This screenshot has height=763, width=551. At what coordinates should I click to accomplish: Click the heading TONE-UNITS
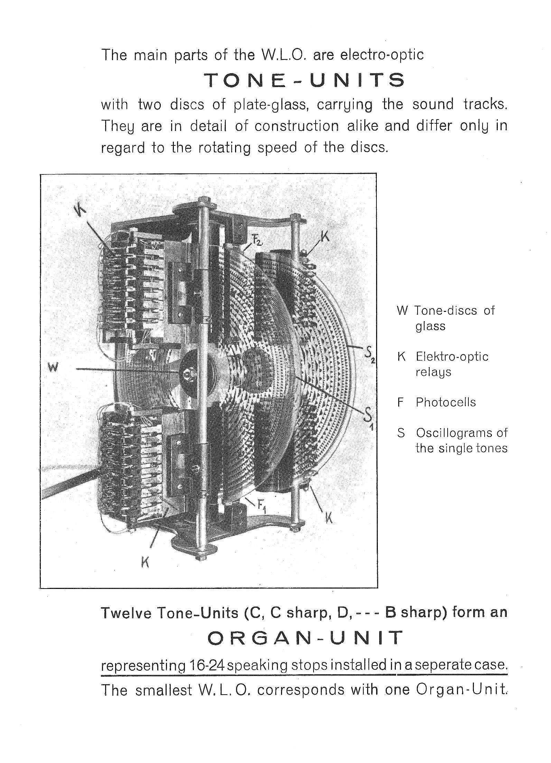pyautogui.click(x=304, y=80)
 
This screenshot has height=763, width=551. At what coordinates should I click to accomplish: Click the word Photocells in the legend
pyautogui.click(x=446, y=402)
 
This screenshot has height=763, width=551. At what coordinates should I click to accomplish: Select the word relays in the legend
pyautogui.click(x=433, y=372)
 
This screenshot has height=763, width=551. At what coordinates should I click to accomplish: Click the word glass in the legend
pyautogui.click(x=430, y=326)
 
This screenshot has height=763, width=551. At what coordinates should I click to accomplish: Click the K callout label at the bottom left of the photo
pyautogui.click(x=145, y=563)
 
